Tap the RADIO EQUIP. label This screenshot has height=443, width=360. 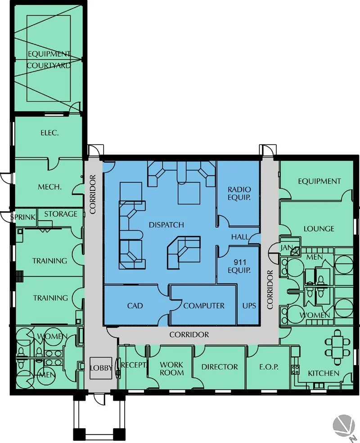point(239,194)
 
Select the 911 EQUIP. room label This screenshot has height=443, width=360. point(239,266)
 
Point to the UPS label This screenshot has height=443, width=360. point(249,306)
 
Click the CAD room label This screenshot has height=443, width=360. point(135,306)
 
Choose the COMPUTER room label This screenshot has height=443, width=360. point(204,306)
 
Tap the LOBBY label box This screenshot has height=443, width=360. point(101,368)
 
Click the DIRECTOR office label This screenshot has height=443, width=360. point(220,367)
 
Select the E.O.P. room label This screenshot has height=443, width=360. point(269,367)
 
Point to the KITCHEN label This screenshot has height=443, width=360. point(324,374)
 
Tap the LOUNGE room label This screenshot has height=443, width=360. point(319,229)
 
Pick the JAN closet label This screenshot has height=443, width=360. point(285,248)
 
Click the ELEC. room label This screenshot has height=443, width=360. point(50,133)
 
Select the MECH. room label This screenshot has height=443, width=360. point(50,187)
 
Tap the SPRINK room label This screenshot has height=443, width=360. point(22,217)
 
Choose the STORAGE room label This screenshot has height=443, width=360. point(61,214)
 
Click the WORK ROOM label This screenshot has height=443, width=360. point(172,369)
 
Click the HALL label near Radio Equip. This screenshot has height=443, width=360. point(240,237)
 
